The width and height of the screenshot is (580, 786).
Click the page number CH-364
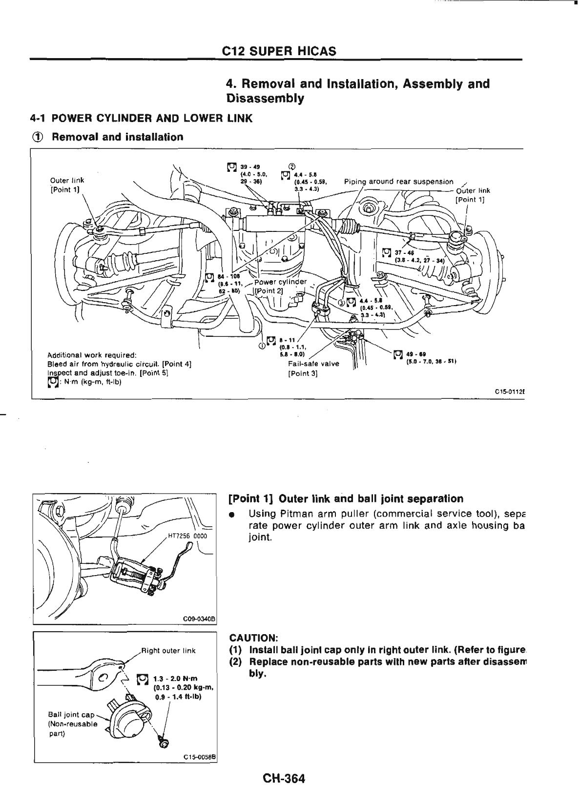283,777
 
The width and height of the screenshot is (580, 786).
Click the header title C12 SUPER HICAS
279,51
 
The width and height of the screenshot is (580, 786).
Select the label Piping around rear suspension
398,182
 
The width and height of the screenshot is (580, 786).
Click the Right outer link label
168,650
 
